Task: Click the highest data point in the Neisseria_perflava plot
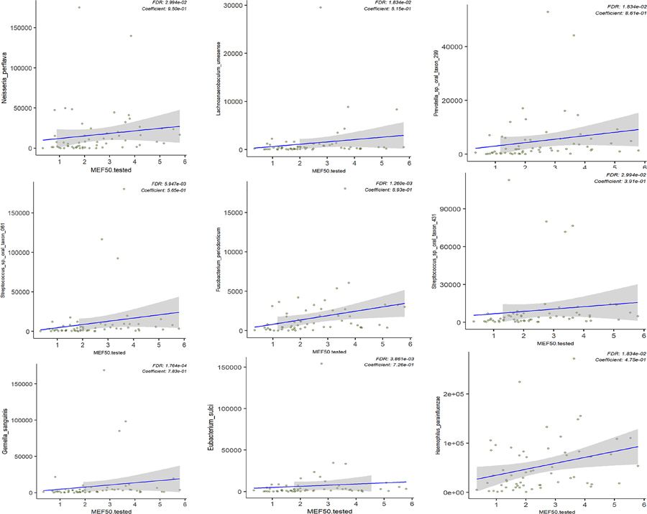79,8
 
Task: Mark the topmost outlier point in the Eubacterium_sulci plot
321,363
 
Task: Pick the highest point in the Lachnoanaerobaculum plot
321,7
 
